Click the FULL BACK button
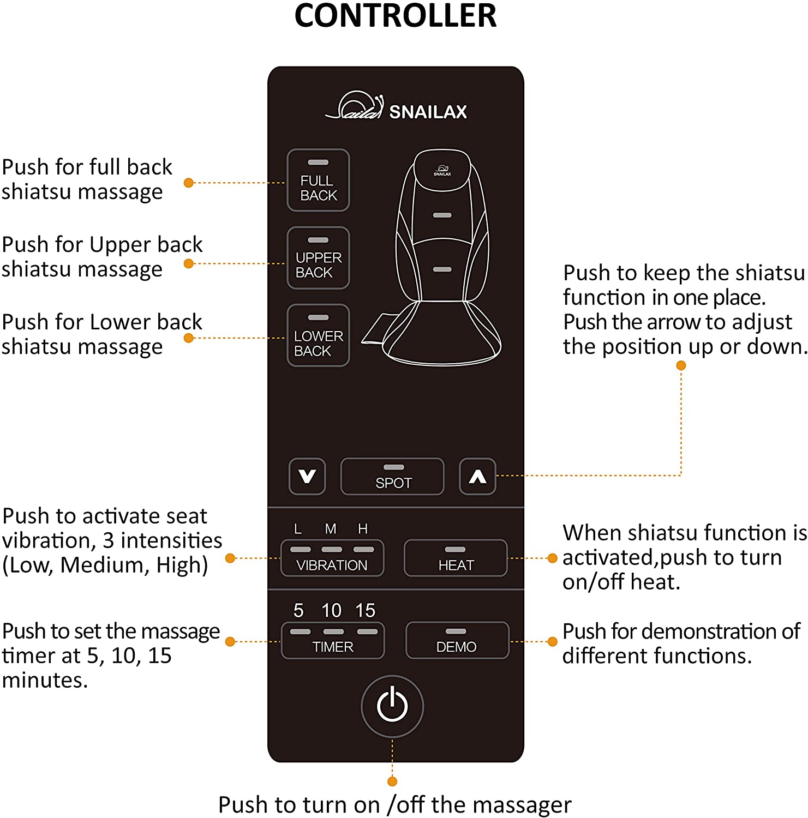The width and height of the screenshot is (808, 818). [x=318, y=180]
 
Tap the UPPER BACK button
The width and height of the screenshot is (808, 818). [x=318, y=258]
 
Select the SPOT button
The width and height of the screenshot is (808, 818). [x=392, y=477]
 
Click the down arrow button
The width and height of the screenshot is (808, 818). [x=307, y=477]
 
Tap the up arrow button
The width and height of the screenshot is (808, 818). [x=477, y=477]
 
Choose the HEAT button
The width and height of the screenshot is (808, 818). [x=456, y=558]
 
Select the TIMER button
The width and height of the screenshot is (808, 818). [x=333, y=640]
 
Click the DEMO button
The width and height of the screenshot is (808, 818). [x=457, y=640]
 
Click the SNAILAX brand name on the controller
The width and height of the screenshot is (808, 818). [x=428, y=112]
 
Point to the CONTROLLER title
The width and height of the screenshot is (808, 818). [x=396, y=15]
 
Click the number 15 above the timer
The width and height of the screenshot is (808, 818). [x=365, y=610]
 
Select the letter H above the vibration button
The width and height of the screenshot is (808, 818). [x=363, y=528]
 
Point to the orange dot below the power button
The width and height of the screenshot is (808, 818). [x=392, y=781]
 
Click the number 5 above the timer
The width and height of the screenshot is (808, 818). [x=298, y=610]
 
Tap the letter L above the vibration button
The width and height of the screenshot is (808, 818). [x=298, y=528]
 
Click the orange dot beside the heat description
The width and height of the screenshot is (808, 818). [x=552, y=558]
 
